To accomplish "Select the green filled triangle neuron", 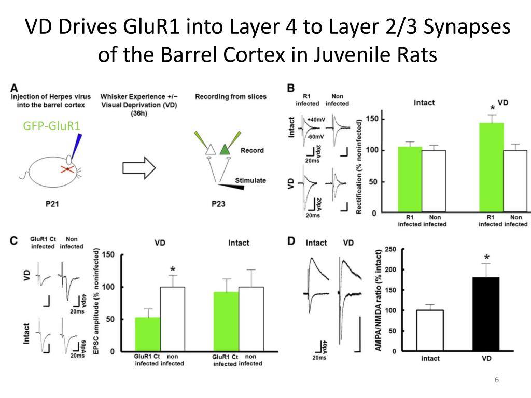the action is (x=225, y=150).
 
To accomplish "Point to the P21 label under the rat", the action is (x=53, y=204).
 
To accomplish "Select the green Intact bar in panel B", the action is (x=410, y=179).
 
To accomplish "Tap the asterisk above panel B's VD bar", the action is (x=492, y=108).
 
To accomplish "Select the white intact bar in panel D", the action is (x=430, y=330).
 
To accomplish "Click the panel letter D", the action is (x=291, y=241).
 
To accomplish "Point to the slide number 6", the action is (x=497, y=381).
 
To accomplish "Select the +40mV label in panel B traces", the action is (x=317, y=119).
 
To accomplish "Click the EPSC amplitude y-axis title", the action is (x=97, y=303).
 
